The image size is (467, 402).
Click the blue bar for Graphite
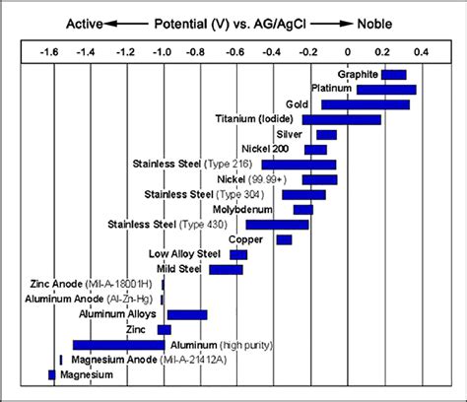click(394, 75)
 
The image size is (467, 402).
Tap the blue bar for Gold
click(365, 104)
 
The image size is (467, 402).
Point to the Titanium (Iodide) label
click(257, 119)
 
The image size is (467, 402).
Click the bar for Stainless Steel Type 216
click(299, 165)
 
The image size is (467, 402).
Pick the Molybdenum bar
click(302, 210)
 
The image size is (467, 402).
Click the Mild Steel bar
click(226, 269)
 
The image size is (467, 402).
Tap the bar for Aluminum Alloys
click(187, 314)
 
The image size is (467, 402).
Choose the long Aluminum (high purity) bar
click(118, 345)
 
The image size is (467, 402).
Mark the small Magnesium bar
click(52, 374)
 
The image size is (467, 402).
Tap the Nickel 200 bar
click(315, 150)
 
